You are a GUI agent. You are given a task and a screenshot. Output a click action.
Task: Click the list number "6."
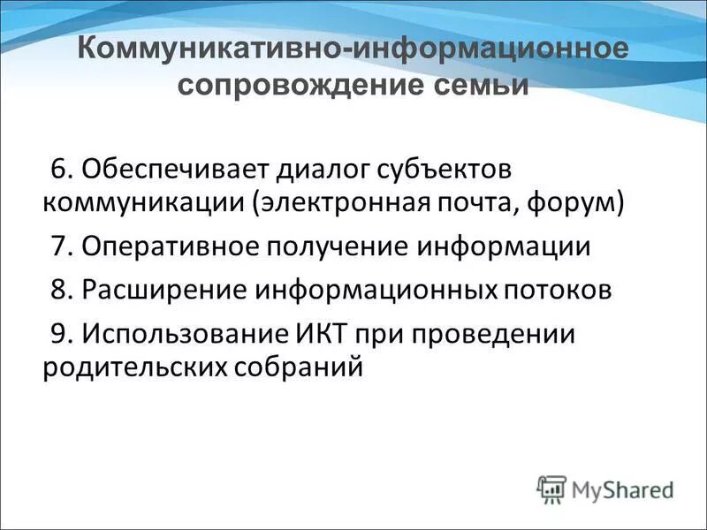click(62, 169)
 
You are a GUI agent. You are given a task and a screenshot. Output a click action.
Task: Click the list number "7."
click(62, 246)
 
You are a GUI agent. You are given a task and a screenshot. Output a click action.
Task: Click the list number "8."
click(62, 290)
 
